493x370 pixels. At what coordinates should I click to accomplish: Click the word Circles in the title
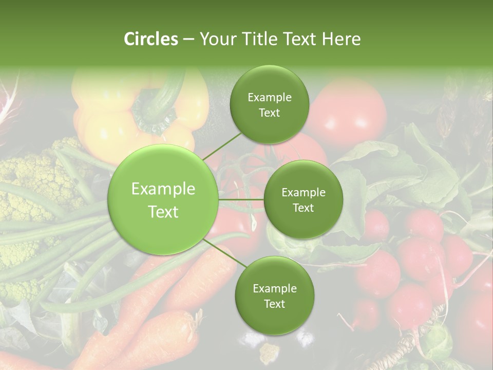(151, 39)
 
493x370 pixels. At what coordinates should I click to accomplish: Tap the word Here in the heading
(341, 39)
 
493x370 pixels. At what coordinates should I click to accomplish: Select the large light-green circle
(163, 200)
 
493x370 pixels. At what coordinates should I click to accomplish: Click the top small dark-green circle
(269, 105)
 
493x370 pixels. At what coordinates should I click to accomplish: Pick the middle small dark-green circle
(303, 200)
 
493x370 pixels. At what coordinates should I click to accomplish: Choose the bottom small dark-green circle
(274, 295)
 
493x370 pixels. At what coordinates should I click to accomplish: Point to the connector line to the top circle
(221, 145)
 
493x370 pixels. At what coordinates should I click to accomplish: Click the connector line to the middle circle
(241, 199)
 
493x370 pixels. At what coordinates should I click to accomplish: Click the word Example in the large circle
(163, 189)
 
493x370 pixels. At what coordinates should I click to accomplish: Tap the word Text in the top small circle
(269, 113)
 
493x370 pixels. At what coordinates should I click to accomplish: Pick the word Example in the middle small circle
(303, 192)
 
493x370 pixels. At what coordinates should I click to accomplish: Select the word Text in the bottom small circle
(274, 304)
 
